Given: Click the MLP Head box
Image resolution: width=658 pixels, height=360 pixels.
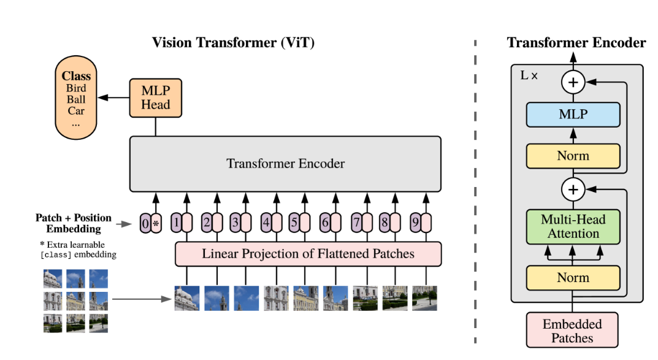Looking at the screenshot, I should pos(155,98).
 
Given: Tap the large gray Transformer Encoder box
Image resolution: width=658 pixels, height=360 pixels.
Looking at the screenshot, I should pos(285,164).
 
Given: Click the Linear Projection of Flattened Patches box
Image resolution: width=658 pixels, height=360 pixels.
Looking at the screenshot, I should pos(308,253).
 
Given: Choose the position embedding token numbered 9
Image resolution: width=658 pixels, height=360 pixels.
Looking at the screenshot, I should pos(415,223).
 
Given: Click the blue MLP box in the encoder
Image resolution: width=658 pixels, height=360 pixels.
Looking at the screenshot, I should pos(573,115).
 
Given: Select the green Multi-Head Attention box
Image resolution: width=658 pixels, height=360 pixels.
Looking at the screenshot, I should pos(573,226).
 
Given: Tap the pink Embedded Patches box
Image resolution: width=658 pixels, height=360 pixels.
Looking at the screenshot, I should pos(572,330).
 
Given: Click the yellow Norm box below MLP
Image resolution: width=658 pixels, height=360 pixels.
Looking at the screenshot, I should pos(573,156).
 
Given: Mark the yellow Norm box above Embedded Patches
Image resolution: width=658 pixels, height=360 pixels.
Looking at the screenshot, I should pos(573,277).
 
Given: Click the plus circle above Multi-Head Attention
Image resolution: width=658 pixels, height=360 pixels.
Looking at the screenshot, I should pos(573,190).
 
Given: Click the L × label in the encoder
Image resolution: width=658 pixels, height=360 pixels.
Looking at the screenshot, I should pos(529,75).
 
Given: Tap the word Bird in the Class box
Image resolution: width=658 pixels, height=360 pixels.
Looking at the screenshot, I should pos(76,88).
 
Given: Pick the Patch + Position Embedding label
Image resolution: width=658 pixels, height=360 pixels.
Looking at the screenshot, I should pos(74,223).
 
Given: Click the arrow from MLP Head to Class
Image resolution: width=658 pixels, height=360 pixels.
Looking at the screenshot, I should pos(113,98).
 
